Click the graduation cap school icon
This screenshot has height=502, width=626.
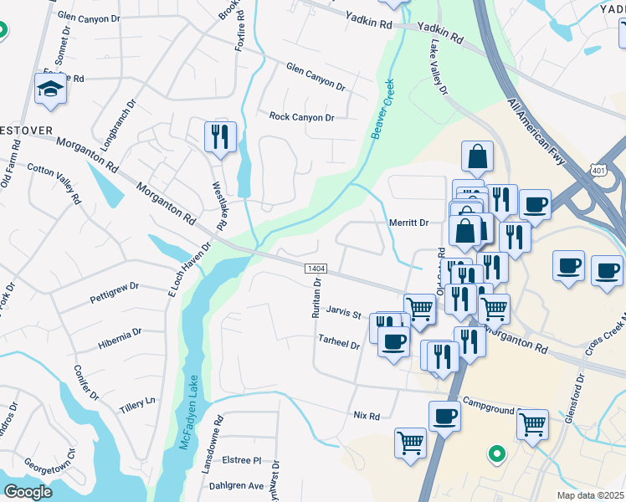click(x=50, y=90)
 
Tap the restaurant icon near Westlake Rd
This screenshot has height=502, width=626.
click(x=220, y=137)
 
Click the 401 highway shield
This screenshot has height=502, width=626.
click(x=596, y=171)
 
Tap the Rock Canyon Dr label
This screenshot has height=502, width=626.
click(x=301, y=117)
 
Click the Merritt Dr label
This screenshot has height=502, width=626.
click(x=408, y=223)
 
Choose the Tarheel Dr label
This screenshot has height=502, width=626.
click(x=339, y=343)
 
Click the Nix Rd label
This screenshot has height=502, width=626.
click(x=367, y=416)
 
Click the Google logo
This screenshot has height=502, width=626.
click(x=28, y=492)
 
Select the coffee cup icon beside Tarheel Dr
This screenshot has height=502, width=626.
click(x=393, y=341)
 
